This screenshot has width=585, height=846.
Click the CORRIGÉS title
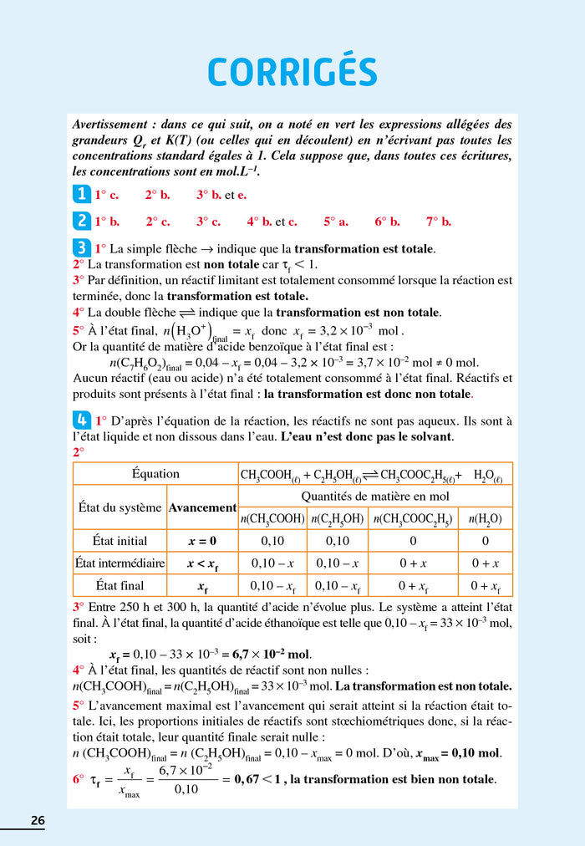coord(292,71)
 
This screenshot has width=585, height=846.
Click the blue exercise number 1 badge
coord(81,194)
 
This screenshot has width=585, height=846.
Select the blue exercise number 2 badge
coord(81,221)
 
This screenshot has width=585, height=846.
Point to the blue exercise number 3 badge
coord(81,247)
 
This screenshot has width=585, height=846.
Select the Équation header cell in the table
coord(155,474)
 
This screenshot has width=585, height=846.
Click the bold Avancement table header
coord(202,507)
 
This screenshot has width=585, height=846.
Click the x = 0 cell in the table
coord(202,541)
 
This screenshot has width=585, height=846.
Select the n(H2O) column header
coord(486,518)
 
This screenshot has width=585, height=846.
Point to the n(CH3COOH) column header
coord(272,518)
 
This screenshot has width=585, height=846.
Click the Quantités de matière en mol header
coord(375,496)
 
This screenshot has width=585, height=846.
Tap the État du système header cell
coord(120,507)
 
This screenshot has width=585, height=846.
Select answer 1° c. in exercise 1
coord(106,195)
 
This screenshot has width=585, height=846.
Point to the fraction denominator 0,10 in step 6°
coord(186,789)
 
